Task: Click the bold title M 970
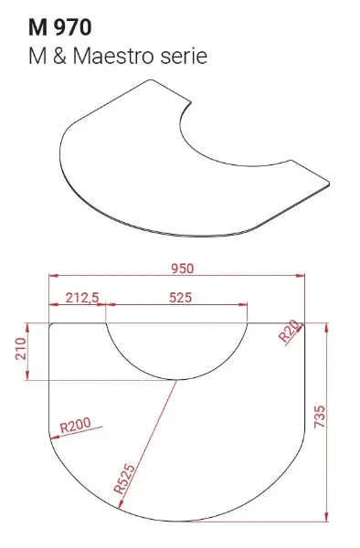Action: coord(59,27)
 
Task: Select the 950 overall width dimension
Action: coord(182,269)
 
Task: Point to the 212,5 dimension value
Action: coord(82,298)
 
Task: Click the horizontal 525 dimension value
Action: coord(181,298)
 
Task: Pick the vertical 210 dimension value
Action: coord(21,349)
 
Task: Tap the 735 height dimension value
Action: coord(320,416)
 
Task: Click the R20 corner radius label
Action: coord(290,331)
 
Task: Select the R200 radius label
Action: coord(76,425)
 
